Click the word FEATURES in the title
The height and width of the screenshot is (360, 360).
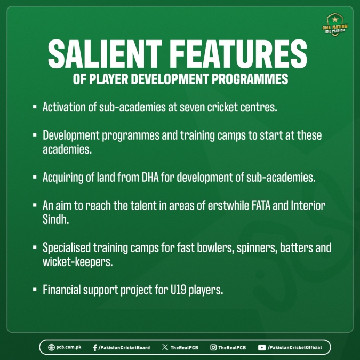(x=239, y=54)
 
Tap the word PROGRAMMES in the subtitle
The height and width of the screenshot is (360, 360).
(x=250, y=79)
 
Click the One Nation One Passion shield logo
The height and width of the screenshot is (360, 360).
(x=335, y=25)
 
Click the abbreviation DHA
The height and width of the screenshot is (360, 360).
(x=150, y=177)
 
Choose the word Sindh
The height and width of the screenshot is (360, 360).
(x=56, y=220)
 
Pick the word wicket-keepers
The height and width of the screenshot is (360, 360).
(x=78, y=262)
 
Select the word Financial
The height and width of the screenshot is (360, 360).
(x=62, y=290)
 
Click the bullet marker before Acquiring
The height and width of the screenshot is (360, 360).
(x=35, y=177)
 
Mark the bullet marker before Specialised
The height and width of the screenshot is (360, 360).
(x=35, y=247)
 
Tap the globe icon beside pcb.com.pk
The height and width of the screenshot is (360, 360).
(x=51, y=347)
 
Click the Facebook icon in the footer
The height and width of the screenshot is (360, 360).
(x=95, y=348)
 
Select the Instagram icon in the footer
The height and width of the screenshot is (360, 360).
(x=213, y=347)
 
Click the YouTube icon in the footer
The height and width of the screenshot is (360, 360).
(x=262, y=348)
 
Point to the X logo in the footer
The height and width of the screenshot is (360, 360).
(x=165, y=347)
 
